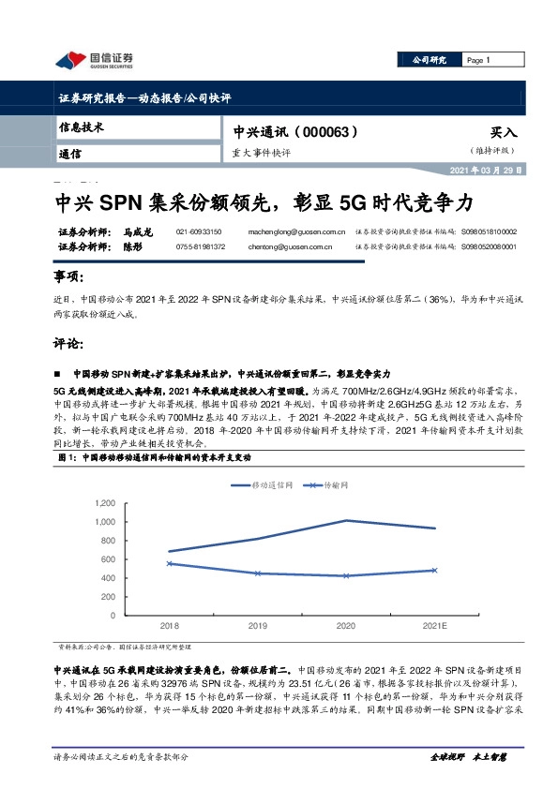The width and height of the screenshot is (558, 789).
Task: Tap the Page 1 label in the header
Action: pyautogui.click(x=478, y=60)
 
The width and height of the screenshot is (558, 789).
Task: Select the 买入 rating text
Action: pyautogui.click(x=503, y=133)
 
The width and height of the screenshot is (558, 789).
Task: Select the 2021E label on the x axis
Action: pyautogui.click(x=435, y=625)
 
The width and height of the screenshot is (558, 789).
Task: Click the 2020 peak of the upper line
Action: pyautogui.click(x=347, y=520)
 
